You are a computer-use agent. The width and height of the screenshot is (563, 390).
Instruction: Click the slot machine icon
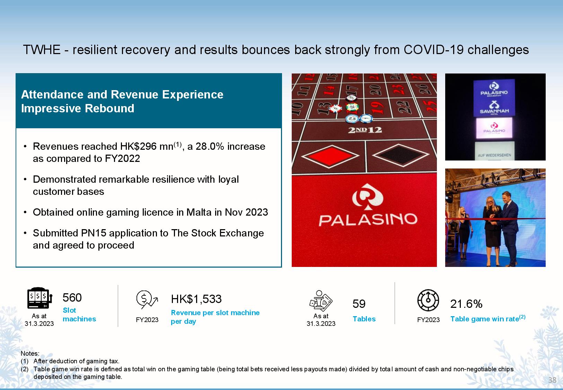pyautogui.click(x=40, y=298)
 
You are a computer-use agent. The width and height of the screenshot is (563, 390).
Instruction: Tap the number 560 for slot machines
pyautogui.click(x=72, y=298)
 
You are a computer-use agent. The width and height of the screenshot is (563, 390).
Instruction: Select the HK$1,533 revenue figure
pyautogui.click(x=196, y=299)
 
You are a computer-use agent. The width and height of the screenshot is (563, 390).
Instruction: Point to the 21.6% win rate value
pyautogui.click(x=466, y=304)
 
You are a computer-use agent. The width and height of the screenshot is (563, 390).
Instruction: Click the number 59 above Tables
pyautogui.click(x=359, y=304)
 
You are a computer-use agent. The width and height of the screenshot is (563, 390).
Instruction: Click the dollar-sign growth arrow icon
pyautogui.click(x=147, y=300)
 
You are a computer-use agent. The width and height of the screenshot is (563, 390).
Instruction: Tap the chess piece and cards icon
pyautogui.click(x=321, y=301)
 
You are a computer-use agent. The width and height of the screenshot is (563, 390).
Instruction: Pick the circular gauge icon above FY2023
pyautogui.click(x=428, y=300)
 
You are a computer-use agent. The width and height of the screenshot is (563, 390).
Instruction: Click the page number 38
pyautogui.click(x=552, y=380)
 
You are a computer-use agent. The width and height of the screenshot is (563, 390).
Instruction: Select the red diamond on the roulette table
pyautogui.click(x=330, y=156)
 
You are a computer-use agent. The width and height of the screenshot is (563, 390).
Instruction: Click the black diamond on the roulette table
pyautogui.click(x=401, y=155)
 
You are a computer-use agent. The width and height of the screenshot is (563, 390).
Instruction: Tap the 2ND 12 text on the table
pyautogui.click(x=365, y=130)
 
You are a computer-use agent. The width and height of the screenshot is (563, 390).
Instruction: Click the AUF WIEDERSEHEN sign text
pyautogui.click(x=494, y=155)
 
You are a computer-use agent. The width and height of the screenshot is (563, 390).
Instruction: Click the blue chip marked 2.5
pyautogui.click(x=352, y=119)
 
